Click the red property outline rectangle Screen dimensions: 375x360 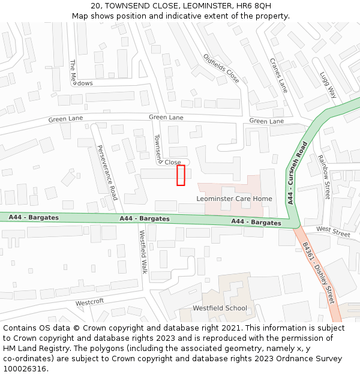click(x=180, y=175)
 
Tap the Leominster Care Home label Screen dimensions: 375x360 click(x=234, y=199)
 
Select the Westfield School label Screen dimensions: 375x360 click(x=220, y=308)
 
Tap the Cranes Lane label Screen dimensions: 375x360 click(x=278, y=76)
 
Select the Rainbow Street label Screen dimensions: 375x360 click(x=324, y=177)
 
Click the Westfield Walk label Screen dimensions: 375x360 click(x=143, y=252)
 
